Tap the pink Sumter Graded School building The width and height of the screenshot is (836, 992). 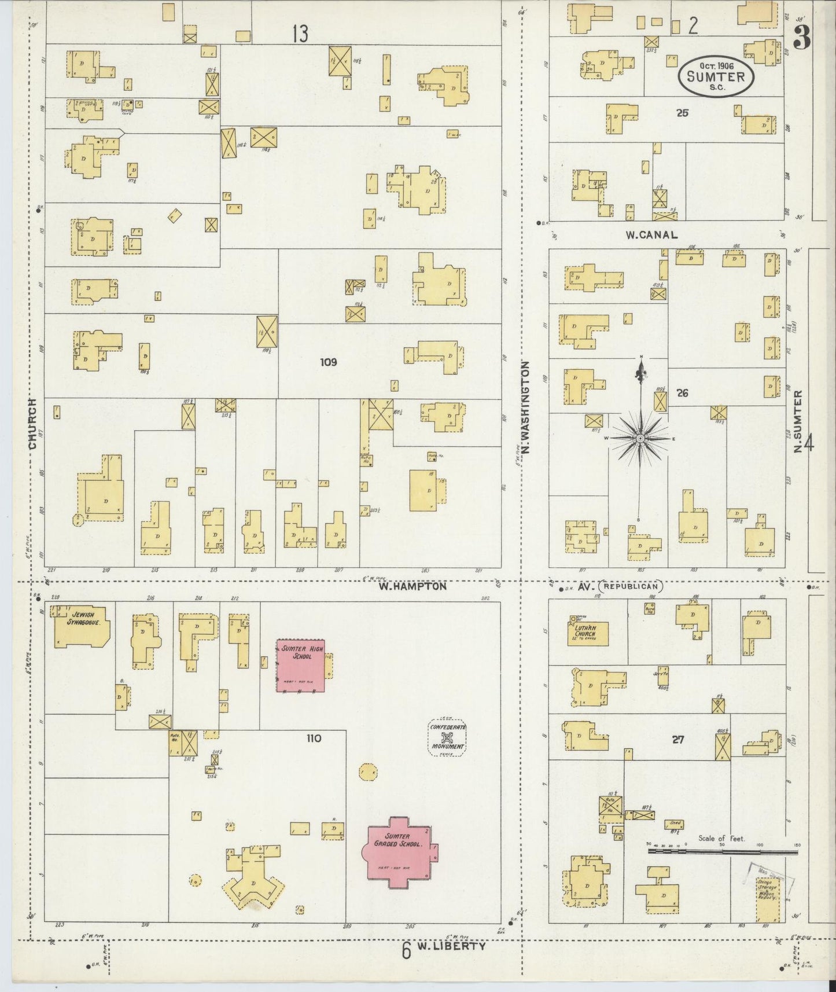(x=398, y=853)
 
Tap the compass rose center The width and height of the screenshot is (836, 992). (x=640, y=439)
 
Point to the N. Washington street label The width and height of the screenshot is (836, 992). (x=525, y=412)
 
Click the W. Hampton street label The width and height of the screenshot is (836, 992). (x=413, y=586)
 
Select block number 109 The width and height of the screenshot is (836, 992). (x=328, y=362)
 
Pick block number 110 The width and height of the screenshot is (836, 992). (x=314, y=739)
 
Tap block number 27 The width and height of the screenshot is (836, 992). (x=678, y=739)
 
